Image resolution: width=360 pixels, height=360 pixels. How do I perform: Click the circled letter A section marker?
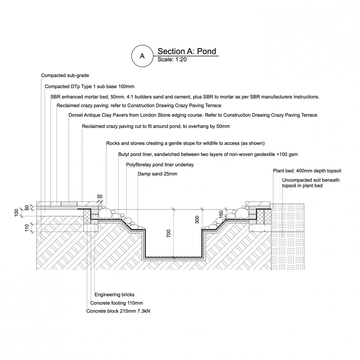point(142,56)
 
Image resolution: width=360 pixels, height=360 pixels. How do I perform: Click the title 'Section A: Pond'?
point(187,51)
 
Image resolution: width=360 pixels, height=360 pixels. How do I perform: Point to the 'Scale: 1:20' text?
point(172,60)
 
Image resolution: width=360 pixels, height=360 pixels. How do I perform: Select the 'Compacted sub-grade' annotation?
point(65,76)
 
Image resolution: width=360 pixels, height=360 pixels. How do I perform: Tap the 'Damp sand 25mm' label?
point(157,174)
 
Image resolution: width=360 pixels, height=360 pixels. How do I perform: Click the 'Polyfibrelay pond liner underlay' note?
point(160,165)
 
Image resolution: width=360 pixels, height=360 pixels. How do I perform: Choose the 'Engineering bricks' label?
point(114,295)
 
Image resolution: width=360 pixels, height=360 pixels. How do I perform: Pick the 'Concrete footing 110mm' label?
point(116,303)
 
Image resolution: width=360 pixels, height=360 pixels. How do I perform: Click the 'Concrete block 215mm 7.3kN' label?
point(118,311)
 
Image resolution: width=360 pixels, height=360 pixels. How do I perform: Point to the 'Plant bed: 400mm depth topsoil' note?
point(307,171)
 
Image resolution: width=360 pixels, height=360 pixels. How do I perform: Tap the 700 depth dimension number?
point(169,233)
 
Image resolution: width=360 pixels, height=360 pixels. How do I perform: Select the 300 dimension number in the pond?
point(197,220)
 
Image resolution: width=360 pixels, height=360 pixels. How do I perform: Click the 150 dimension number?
point(221,214)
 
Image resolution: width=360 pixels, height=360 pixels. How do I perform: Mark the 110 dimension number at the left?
point(27,228)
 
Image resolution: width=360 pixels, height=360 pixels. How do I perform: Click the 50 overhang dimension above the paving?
point(100,197)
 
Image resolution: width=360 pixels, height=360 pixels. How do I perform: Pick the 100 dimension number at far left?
point(16,213)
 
